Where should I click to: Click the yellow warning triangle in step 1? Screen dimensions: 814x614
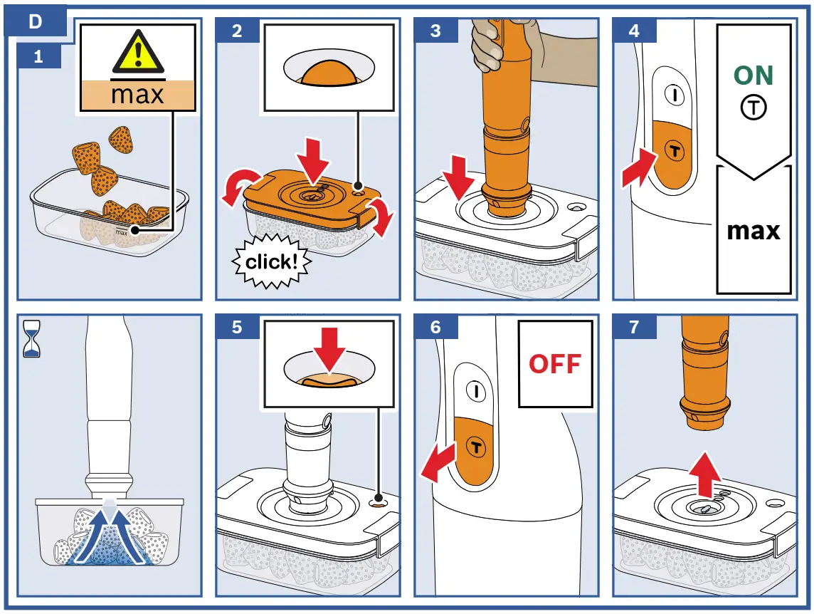[x=138, y=53]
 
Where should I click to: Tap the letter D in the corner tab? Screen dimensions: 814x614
[x=35, y=21]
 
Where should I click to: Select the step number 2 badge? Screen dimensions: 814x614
[x=237, y=31]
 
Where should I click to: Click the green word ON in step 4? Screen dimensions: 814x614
[x=753, y=76]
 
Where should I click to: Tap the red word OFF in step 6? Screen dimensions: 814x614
[x=554, y=363]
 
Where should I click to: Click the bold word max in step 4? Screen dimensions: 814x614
[x=754, y=231]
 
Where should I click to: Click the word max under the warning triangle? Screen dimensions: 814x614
[x=137, y=93]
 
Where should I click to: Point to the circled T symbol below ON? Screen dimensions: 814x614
[x=754, y=108]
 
